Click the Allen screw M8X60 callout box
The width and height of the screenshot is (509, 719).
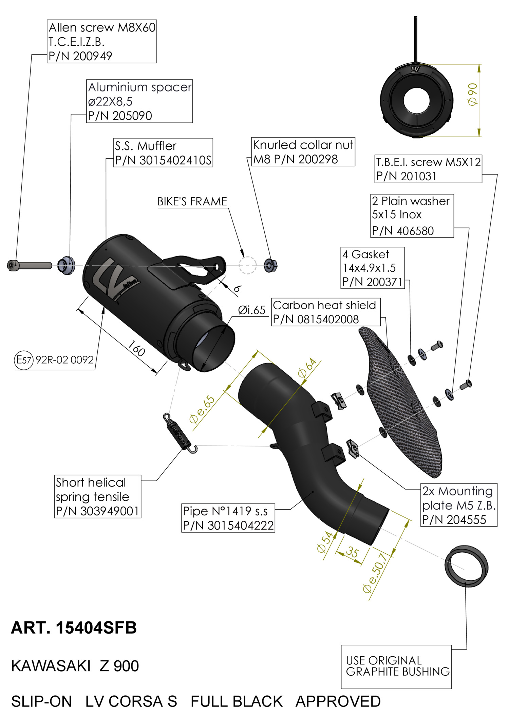pyautogui.click(x=102, y=41)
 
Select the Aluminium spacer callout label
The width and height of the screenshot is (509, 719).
pyautogui.click(x=139, y=101)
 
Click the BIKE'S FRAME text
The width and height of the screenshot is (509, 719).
pyautogui.click(x=192, y=202)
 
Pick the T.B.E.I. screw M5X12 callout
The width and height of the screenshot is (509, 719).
pyautogui.click(x=428, y=169)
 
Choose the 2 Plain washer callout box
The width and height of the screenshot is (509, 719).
pyautogui.click(x=412, y=216)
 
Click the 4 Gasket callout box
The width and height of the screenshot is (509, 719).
pyautogui.click(x=373, y=268)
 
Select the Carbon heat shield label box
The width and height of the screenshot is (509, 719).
pyautogui.click(x=326, y=312)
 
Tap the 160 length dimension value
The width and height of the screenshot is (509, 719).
pyautogui.click(x=136, y=348)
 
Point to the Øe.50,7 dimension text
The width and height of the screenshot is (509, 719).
pyautogui.click(x=375, y=573)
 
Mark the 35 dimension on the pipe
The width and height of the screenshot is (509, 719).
pyautogui.click(x=352, y=552)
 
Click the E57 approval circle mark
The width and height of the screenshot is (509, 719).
pyautogui.click(x=24, y=359)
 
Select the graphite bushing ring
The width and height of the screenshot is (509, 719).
pyautogui.click(x=466, y=566)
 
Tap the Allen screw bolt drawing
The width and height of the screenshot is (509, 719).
pyautogui.click(x=29, y=265)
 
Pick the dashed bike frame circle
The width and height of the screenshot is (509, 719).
pyautogui.click(x=247, y=265)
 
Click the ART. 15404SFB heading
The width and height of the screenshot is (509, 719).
pyautogui.click(x=74, y=628)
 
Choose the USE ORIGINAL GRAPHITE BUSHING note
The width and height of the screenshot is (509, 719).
pyautogui.click(x=396, y=666)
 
